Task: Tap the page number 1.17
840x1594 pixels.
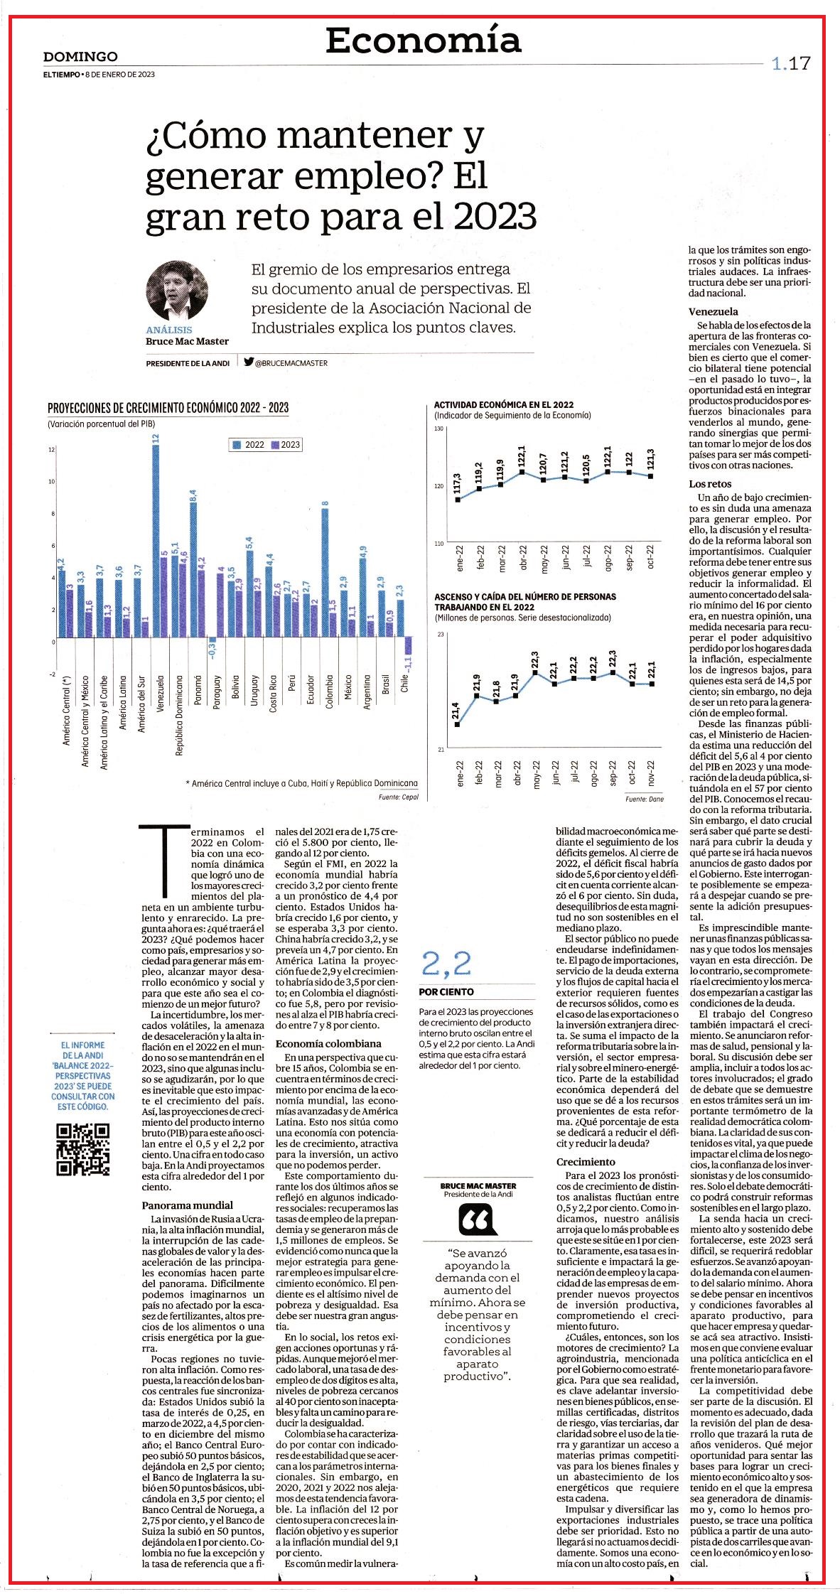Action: coord(790,63)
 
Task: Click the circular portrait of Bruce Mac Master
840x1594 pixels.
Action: coord(178,291)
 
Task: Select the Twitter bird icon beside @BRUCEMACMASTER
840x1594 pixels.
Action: coord(249,362)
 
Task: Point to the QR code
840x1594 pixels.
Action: coord(83,1149)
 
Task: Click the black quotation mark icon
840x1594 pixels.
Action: coord(478,1222)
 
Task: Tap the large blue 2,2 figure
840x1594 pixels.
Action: coord(446,964)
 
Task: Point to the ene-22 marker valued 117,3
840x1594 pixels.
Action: coord(458,500)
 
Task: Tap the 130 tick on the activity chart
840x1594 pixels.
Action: coord(438,429)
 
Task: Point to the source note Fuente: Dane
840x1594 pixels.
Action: coord(645,799)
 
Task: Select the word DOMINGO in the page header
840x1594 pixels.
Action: coord(80,57)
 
